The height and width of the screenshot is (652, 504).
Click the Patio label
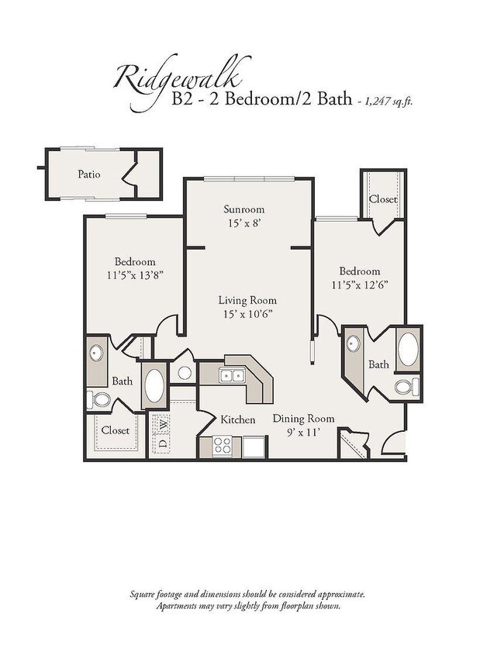tap(88, 174)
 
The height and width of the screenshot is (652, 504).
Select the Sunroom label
tap(244, 209)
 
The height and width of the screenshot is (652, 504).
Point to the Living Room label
tap(247, 300)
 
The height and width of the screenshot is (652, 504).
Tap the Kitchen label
tap(238, 419)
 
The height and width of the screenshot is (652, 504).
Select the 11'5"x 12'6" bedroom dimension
tap(360, 284)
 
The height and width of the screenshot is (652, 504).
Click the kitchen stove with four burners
tap(223, 445)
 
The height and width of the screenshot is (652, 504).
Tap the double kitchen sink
tap(230, 376)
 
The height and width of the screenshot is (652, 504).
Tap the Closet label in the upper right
tap(383, 199)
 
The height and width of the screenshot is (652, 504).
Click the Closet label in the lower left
tap(116, 429)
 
